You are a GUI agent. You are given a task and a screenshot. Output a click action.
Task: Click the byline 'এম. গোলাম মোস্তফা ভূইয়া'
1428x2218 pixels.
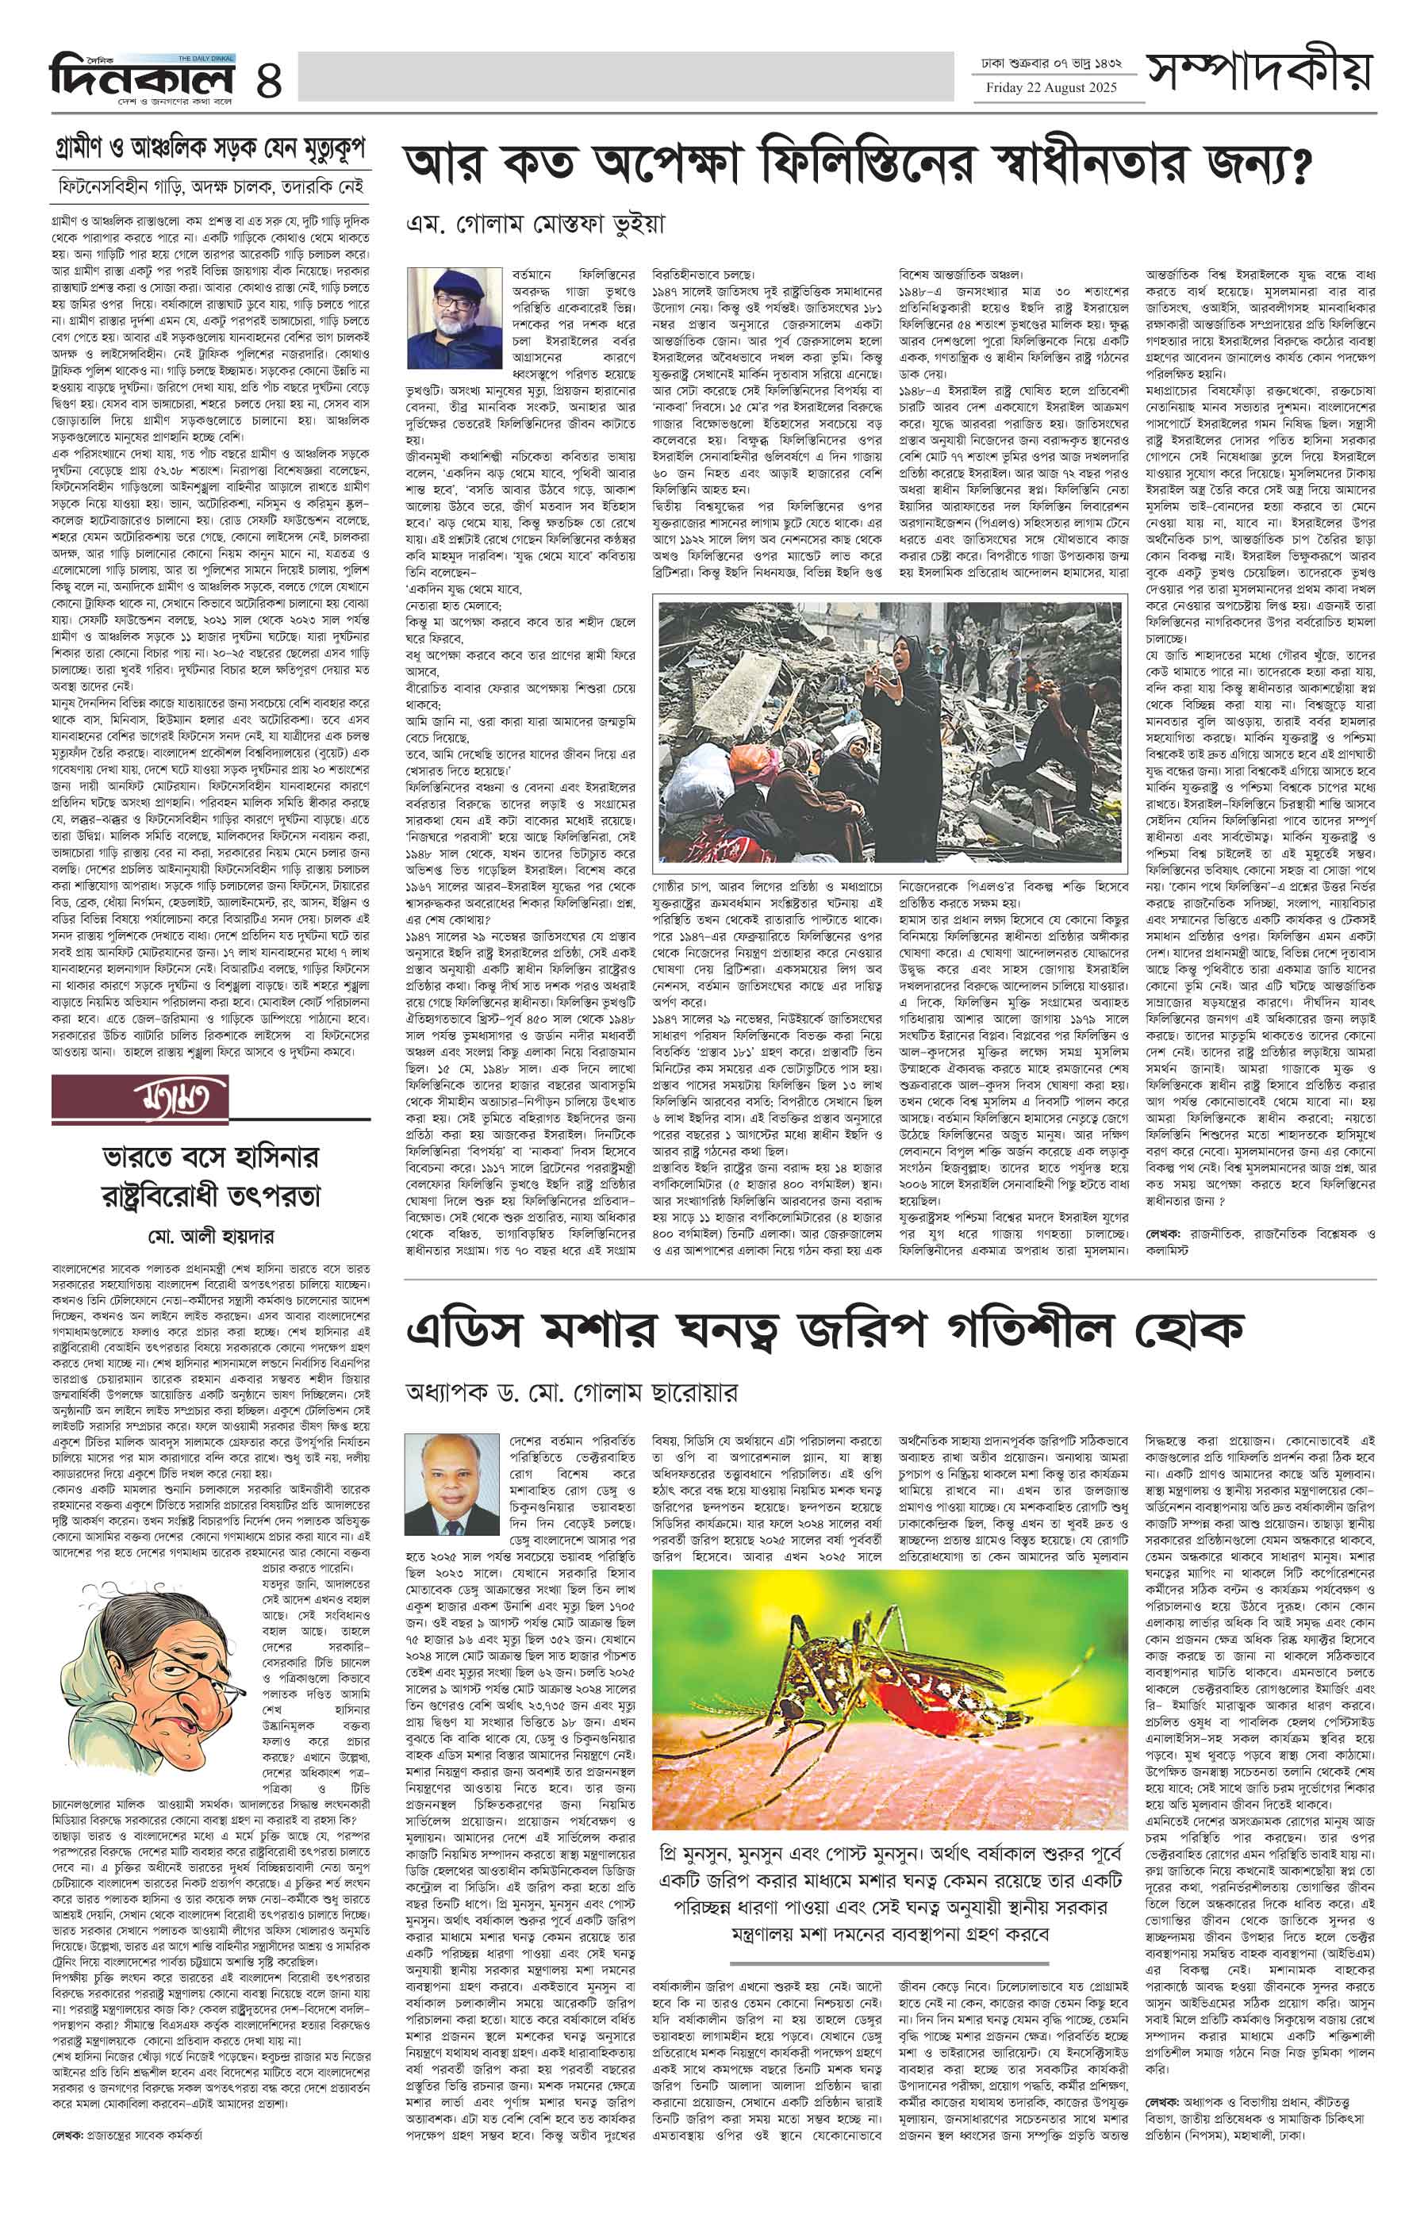537,224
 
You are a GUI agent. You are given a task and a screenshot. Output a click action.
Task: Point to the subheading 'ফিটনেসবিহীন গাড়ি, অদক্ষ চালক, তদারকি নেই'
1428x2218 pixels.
209,182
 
